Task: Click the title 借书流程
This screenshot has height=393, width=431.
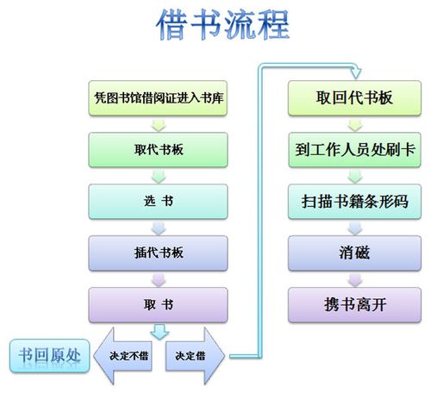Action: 222,24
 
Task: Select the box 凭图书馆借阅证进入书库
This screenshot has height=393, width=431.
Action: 158,98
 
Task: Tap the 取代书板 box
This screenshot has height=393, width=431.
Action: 158,150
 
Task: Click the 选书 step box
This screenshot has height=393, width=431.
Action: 158,202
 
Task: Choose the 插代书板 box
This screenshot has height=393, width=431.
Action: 158,253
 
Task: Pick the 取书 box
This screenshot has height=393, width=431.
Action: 158,305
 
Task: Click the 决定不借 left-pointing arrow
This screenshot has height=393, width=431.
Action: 122,356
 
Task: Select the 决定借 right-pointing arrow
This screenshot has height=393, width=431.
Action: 195,356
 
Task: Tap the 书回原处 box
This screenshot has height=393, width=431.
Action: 50,356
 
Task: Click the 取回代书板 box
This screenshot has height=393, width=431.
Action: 354,98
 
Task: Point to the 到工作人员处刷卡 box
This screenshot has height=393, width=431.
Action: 354,150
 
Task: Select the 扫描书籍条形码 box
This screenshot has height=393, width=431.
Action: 354,202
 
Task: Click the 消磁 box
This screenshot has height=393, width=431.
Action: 354,253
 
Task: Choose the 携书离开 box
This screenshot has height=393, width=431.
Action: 354,305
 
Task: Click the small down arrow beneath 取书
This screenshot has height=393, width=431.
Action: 159,332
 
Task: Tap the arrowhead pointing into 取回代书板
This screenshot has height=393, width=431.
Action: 356,73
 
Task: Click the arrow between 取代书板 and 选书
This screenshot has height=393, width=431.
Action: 159,176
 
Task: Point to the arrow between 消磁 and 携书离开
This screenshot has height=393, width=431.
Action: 355,279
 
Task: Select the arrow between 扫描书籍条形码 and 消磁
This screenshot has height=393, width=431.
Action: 355,228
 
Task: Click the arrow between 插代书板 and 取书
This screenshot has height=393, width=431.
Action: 159,279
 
